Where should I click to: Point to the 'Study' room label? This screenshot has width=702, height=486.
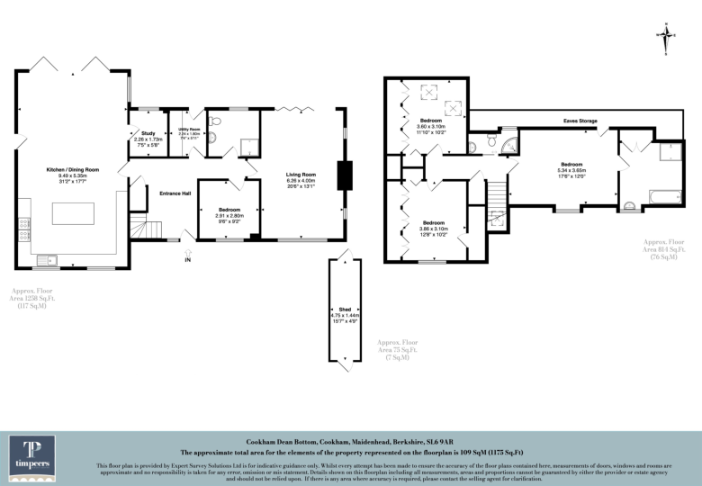click(x=148, y=133)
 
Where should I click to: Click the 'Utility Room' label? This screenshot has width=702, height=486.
click(x=189, y=130)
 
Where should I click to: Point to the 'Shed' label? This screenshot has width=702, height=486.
click(x=345, y=307)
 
